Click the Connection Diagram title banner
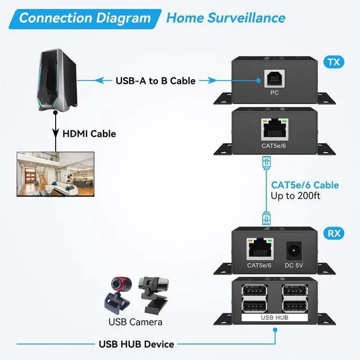point(84,17)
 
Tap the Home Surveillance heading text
point(226,17)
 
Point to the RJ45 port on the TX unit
point(274,130)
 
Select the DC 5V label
point(294,265)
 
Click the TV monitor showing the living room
point(55,174)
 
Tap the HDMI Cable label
point(89,134)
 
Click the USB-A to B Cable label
point(156,81)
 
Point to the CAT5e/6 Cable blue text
point(305,184)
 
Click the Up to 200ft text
point(296,196)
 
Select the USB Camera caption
point(135,322)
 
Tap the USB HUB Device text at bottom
point(137,344)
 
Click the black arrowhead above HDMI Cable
point(56,133)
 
